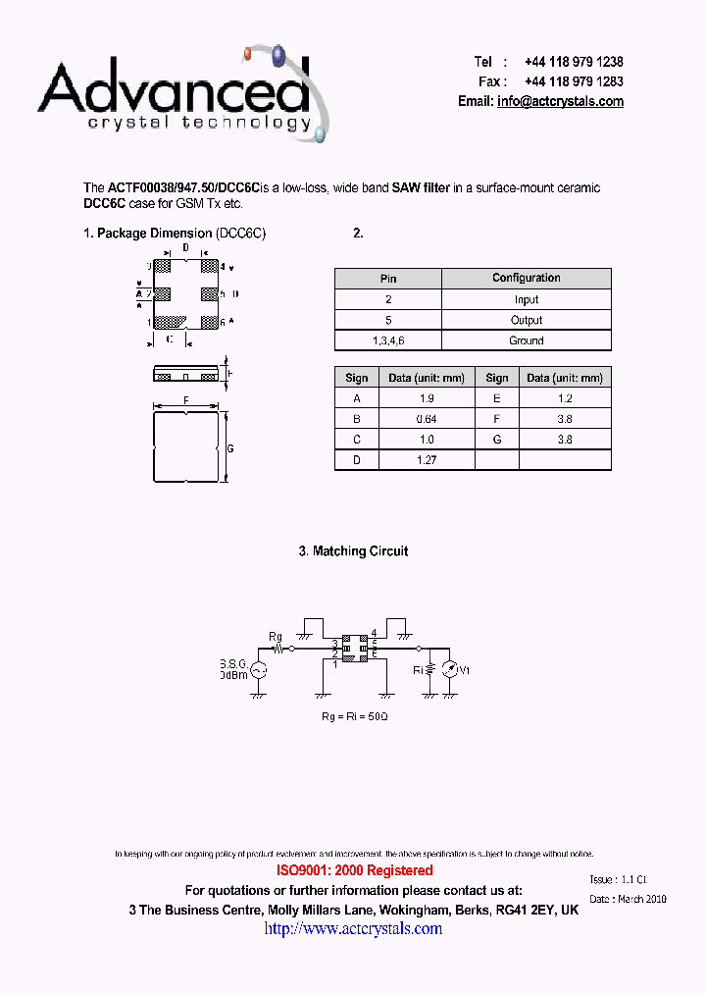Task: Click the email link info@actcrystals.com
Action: (x=560, y=102)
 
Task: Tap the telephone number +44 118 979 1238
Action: (x=574, y=62)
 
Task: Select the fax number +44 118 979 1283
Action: (x=574, y=81)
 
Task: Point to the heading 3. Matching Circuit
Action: (x=353, y=551)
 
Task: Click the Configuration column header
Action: (x=526, y=279)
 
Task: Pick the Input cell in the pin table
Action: (x=526, y=300)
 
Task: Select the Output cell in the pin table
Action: (x=526, y=320)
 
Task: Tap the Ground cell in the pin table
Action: (x=526, y=340)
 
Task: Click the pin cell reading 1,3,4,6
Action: (x=388, y=340)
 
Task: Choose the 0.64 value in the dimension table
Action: (x=427, y=419)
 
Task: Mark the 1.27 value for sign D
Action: (x=427, y=460)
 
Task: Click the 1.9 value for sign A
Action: (x=427, y=398)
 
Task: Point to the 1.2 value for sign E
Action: (x=565, y=398)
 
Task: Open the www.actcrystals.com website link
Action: (x=353, y=928)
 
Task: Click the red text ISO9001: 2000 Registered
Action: (x=354, y=870)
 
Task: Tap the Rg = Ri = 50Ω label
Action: (x=354, y=717)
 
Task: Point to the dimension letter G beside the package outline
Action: (x=230, y=447)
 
